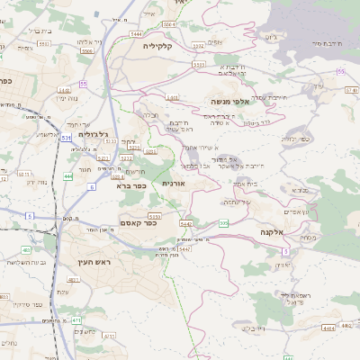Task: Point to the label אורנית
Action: coord(173,183)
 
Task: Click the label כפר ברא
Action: coord(131,186)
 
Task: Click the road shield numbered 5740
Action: coord(350,88)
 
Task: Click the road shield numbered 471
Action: coord(76,319)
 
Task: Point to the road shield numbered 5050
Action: coord(154,217)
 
